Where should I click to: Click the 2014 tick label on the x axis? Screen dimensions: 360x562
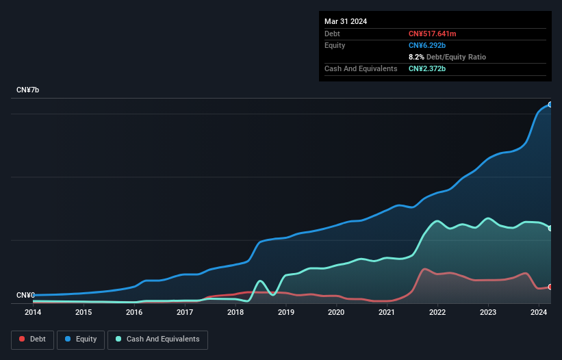[x=33, y=312]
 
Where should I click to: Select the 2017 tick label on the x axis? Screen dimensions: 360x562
[x=185, y=312]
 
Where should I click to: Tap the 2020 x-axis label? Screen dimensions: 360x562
[x=336, y=312]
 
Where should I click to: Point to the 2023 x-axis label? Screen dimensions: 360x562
[x=488, y=312]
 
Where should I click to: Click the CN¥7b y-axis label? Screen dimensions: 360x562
[x=28, y=90]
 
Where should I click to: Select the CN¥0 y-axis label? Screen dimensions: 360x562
[x=25, y=296]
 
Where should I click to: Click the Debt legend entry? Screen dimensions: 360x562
[x=34, y=339]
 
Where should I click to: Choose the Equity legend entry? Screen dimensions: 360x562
[x=81, y=339]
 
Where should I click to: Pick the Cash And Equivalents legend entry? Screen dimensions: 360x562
[x=157, y=339]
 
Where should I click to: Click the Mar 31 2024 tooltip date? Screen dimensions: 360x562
[x=346, y=21]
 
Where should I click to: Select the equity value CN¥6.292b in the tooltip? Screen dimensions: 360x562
[x=427, y=45]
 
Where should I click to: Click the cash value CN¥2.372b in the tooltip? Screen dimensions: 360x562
[x=427, y=68]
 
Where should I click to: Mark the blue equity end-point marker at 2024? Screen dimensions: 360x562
[x=550, y=105]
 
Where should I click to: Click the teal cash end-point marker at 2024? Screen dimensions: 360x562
[x=550, y=229]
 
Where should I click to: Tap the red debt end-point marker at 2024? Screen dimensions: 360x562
[x=550, y=287]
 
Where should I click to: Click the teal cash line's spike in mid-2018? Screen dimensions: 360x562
[x=260, y=281]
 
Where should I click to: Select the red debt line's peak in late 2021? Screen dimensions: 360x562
[x=424, y=269]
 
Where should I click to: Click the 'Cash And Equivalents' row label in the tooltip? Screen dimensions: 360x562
[x=361, y=68]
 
